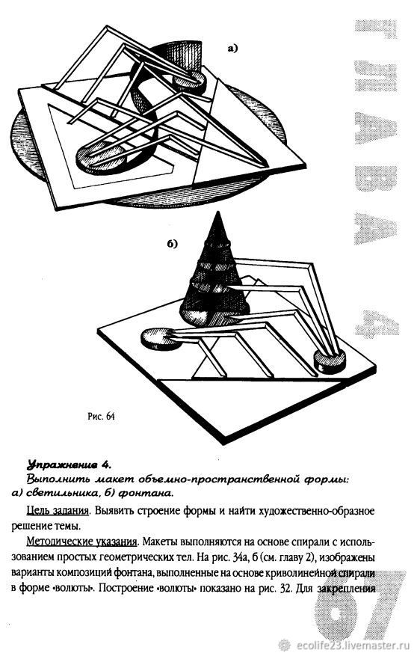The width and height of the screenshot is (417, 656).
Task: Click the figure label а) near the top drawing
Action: [x=232, y=49]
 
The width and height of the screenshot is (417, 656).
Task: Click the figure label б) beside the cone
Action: [x=173, y=244]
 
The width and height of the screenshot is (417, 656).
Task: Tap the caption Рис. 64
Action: [x=101, y=417]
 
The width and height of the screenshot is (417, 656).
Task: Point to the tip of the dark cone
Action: [x=217, y=213]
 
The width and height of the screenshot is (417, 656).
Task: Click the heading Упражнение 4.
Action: [x=69, y=465]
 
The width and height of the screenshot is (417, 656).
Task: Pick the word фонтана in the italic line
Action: [x=146, y=493]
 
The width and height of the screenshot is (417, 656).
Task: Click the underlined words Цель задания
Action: [x=58, y=512]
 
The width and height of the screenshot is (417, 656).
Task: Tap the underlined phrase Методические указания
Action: [x=82, y=542]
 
